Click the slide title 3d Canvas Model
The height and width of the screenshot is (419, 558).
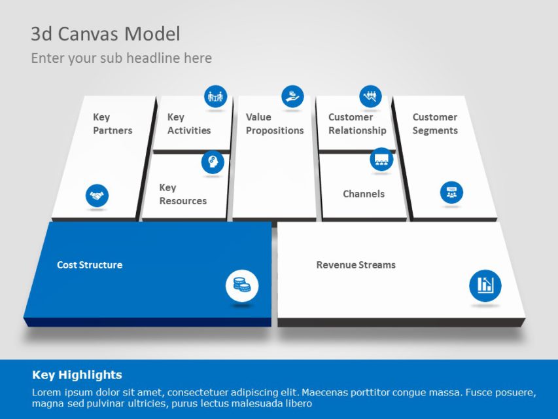pos(105,34)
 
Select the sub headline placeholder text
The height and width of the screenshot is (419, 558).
pos(122,58)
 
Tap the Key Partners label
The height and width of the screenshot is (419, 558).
pos(112,124)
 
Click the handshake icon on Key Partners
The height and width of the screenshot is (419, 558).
pos(97,195)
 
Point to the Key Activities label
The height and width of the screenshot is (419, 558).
pos(189,124)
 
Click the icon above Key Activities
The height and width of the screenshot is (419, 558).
pos(215,97)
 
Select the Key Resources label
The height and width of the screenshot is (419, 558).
pos(183,194)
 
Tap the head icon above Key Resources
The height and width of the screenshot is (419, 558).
pos(213,162)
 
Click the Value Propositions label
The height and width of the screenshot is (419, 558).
pos(275,124)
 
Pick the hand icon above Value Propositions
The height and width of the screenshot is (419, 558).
pos(292,96)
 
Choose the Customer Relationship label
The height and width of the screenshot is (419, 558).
pos(357,124)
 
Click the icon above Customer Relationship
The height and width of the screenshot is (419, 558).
pos(370,97)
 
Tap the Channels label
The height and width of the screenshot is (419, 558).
pos(364,194)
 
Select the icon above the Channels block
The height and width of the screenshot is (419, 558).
pos(381,159)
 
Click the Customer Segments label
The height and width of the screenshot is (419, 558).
pos(435,124)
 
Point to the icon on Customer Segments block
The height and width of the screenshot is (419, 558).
pos(451,192)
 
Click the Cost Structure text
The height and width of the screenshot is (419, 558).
pos(90,265)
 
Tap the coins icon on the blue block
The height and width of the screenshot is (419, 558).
pos(242,285)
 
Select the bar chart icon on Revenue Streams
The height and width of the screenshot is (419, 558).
pos(485,285)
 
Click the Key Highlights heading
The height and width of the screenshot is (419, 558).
pos(77,375)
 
